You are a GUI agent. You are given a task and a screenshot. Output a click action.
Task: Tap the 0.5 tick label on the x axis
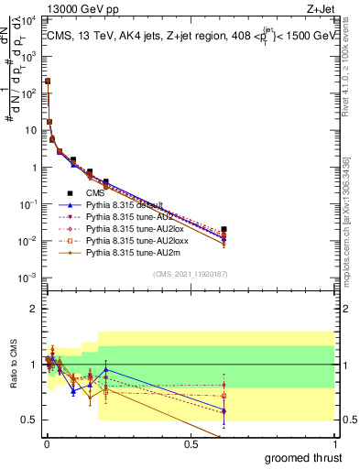pyautogui.click(x=191, y=443)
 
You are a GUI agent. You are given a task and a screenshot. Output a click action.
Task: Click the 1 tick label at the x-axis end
pyautogui.click(x=333, y=443)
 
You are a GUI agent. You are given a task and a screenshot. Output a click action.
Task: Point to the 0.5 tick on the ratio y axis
pyautogui.click(x=29, y=420)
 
